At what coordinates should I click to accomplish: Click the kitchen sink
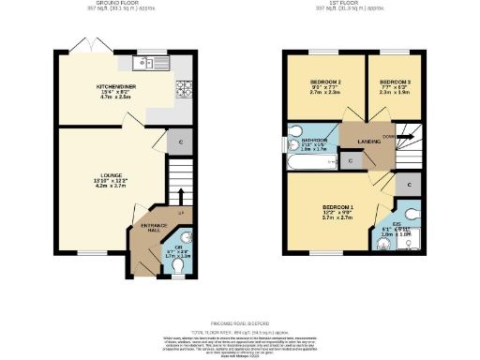coord(144,65)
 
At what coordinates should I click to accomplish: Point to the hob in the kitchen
coord(183,91)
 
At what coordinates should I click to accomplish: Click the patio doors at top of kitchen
coord(91,46)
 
